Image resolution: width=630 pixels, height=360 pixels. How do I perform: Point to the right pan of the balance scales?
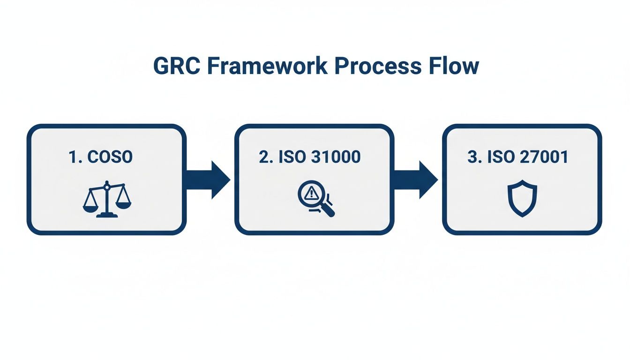click(x=123, y=204)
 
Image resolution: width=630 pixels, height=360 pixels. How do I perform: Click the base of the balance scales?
click(x=107, y=216)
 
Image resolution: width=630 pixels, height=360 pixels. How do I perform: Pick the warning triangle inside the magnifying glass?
click(x=310, y=193)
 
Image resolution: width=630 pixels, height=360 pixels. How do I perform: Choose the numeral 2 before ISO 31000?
click(x=264, y=157)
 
